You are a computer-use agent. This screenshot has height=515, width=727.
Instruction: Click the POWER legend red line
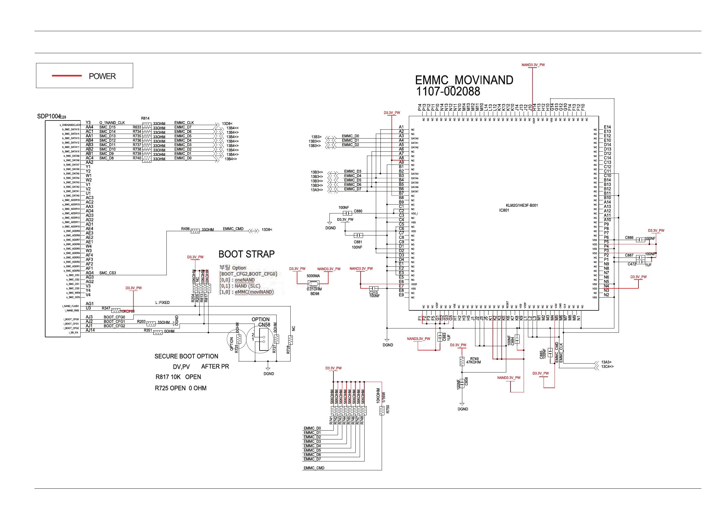pos(67,76)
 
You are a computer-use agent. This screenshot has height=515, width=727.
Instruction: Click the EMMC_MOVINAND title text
pos(464,80)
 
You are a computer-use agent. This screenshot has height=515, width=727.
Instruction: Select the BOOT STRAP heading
pos(246,254)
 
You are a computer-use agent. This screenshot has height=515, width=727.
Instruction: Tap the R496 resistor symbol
pos(195,231)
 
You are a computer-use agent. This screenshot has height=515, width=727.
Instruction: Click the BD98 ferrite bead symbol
pos(314,284)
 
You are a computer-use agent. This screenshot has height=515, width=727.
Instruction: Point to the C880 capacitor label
pos(358,211)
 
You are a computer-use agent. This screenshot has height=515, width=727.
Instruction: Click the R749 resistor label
pos(474,359)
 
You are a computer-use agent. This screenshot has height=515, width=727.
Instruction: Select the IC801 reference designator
pos(504,210)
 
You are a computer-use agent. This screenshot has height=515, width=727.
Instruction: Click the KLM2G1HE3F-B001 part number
pos(522,206)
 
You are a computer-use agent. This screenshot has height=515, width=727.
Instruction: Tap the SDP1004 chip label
pos(49,116)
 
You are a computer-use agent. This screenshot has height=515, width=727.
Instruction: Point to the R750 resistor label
pos(387,409)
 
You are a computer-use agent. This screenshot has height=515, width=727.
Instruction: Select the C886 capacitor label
pos(629,238)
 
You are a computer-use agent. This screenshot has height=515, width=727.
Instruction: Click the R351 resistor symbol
pos(158,332)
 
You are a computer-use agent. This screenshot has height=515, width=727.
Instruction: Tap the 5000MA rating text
pos(313,276)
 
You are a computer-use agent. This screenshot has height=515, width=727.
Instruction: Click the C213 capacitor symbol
pos(374,288)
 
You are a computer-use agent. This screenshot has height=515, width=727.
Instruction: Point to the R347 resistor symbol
pos(116,310)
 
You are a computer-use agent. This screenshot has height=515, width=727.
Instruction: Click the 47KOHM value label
pos(473,362)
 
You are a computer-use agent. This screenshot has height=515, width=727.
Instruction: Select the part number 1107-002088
pos(448,92)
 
